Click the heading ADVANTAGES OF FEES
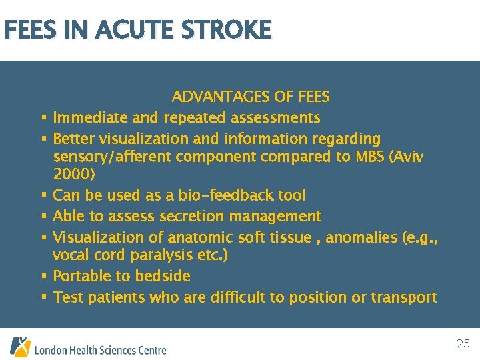pos(251,97)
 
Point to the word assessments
pos(275,118)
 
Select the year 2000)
pos(74,175)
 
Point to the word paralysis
pos(161,255)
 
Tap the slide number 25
pos(463,344)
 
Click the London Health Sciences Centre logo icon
pos(19,347)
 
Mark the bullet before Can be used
pos(43,195)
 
